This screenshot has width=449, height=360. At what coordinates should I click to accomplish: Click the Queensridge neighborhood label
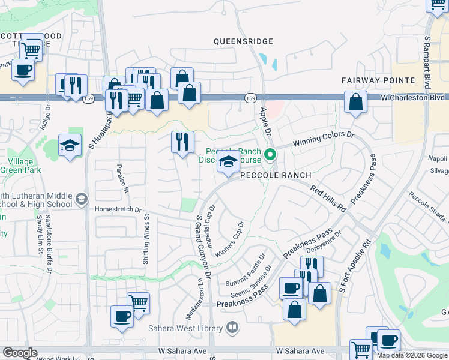[244, 41]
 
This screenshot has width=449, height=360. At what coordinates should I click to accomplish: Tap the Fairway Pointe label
[378, 80]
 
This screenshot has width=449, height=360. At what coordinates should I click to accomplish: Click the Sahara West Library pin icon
[232, 328]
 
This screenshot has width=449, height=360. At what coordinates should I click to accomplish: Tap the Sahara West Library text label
[186, 328]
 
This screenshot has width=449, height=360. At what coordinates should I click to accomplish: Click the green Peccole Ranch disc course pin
[270, 155]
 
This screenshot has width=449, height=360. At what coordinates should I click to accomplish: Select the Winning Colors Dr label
[324, 140]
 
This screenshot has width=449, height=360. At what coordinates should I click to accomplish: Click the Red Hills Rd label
[328, 199]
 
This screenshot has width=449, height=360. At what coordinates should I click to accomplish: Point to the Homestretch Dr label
[118, 210]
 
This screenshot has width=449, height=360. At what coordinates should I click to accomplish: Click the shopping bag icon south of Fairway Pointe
[356, 103]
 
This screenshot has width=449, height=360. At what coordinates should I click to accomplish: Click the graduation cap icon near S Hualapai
[70, 145]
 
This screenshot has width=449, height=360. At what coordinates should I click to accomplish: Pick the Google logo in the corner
[20, 353]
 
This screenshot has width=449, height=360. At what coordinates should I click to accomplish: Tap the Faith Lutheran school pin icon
[81, 198]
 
